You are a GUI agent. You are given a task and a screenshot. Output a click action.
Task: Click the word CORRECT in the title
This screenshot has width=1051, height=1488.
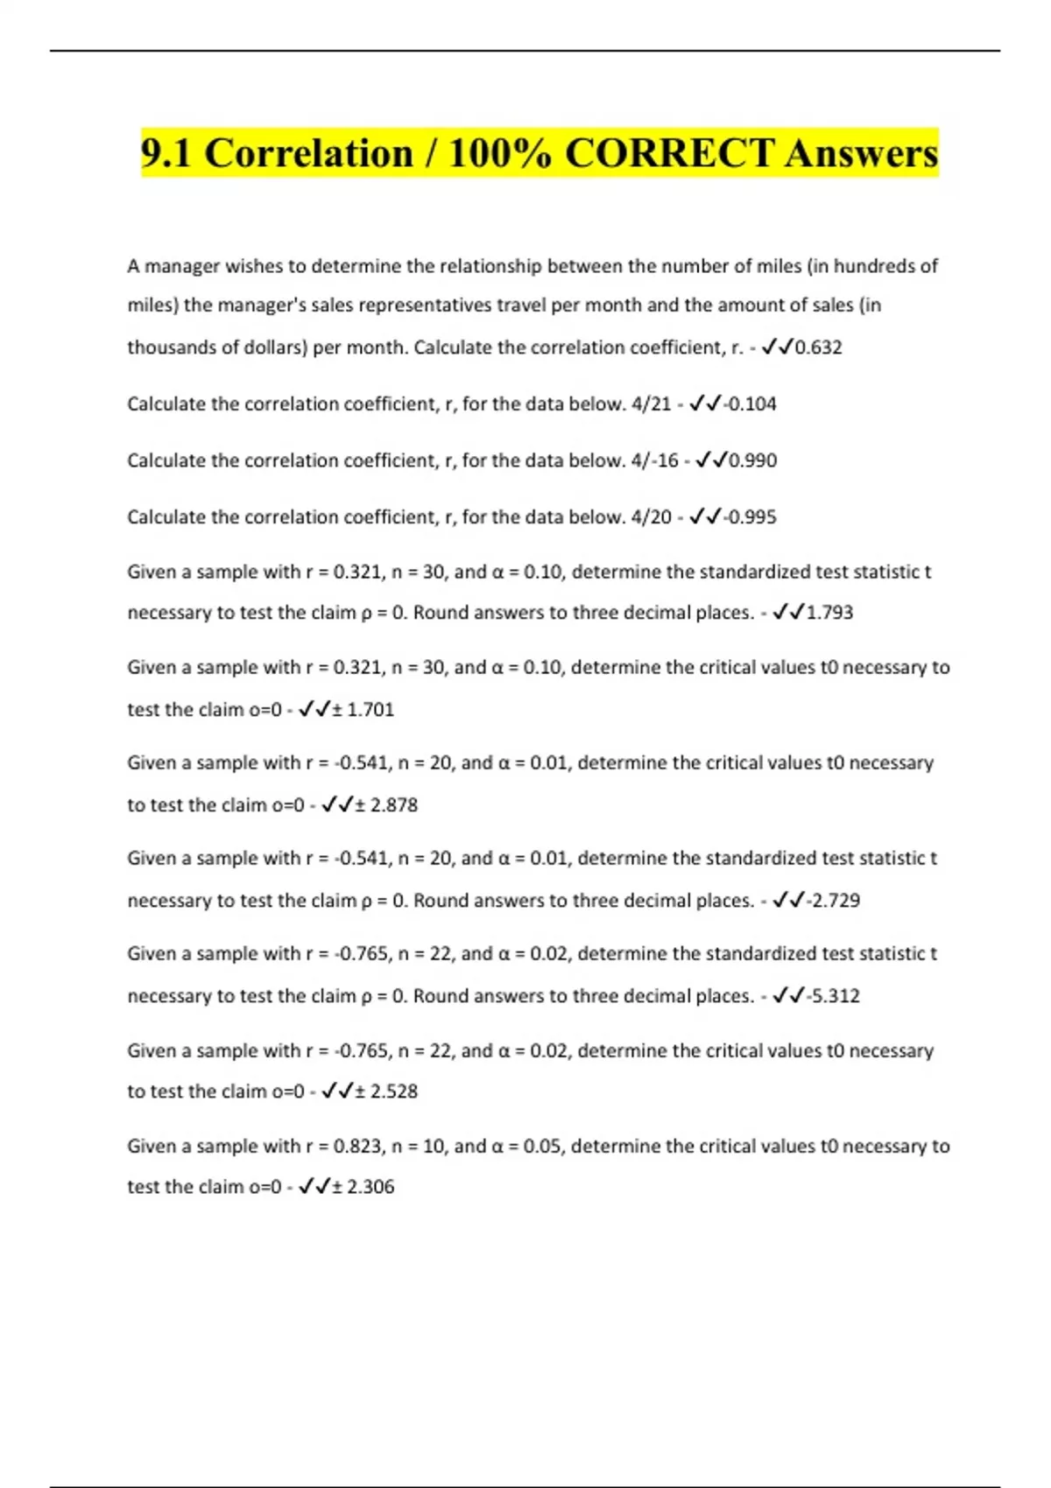(669, 154)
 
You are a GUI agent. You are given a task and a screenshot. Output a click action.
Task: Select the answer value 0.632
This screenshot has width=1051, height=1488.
(818, 347)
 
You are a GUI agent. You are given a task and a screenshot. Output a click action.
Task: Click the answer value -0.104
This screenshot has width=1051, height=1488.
(750, 404)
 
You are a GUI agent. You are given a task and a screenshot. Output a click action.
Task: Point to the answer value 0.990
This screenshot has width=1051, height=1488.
(752, 460)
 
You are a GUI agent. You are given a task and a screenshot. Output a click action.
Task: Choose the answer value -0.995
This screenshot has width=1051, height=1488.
(750, 517)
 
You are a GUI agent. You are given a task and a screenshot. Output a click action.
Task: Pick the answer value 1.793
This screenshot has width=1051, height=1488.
(829, 613)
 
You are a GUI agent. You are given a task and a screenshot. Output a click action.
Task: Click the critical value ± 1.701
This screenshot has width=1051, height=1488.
(363, 710)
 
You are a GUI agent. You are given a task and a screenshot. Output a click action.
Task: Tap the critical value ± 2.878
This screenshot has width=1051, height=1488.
(386, 805)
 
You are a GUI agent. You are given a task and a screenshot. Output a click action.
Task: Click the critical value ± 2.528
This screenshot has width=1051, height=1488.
(386, 1091)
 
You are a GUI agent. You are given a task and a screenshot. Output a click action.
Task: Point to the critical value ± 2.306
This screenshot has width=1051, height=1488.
(363, 1187)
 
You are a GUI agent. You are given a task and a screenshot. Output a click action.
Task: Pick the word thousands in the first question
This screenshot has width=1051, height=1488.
(170, 347)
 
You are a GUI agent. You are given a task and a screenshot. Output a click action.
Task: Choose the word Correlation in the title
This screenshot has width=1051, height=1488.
(308, 154)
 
